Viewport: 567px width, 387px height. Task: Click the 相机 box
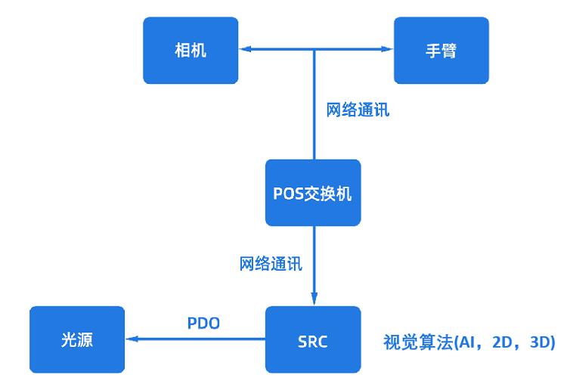click(x=191, y=51)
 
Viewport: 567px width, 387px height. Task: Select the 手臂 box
click(x=441, y=51)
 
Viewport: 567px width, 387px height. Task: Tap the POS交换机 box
click(x=313, y=193)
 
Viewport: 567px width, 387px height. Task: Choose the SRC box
click(x=313, y=340)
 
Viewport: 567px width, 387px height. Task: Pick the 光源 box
click(x=76, y=340)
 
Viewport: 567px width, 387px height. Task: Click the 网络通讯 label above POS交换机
click(x=358, y=110)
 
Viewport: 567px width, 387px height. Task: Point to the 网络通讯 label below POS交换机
click(x=271, y=264)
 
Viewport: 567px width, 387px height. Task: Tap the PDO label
click(x=203, y=324)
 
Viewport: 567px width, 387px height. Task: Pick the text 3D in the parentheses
click(x=539, y=342)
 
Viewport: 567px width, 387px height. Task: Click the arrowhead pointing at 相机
click(x=244, y=50)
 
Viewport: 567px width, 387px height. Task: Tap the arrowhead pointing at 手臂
click(x=388, y=50)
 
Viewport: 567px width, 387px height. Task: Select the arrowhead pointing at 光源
click(x=131, y=339)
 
